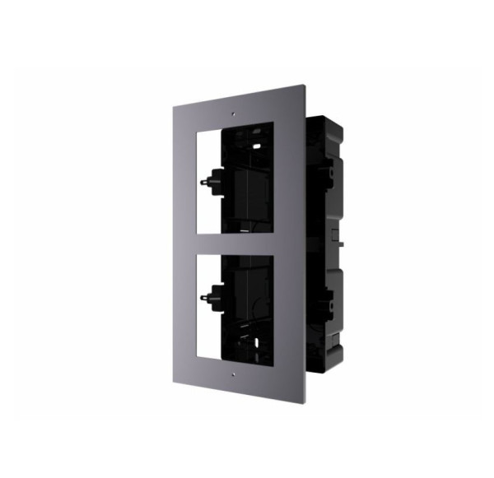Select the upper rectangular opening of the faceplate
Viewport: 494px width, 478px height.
(x=239, y=177)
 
